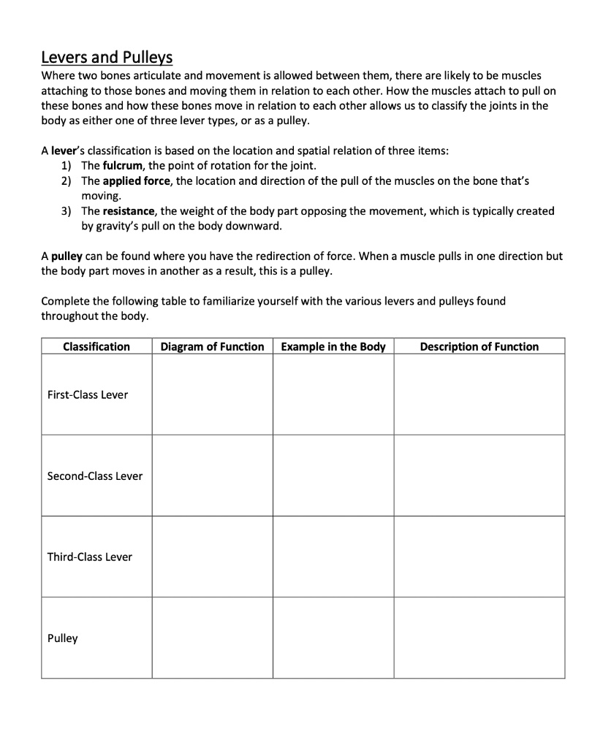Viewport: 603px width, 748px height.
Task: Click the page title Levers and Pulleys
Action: click(x=107, y=57)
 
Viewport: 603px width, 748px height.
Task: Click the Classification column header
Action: click(x=96, y=347)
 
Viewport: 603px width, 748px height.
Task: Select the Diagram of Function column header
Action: click(x=212, y=347)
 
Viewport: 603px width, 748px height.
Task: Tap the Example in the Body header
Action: click(x=333, y=347)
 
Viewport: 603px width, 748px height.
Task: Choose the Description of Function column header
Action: click(x=479, y=347)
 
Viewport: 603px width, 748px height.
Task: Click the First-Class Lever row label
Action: click(x=87, y=395)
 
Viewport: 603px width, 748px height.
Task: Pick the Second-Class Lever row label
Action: click(x=94, y=476)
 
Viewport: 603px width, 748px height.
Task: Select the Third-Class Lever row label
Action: click(x=90, y=557)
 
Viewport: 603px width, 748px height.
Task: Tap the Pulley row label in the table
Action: click(x=62, y=638)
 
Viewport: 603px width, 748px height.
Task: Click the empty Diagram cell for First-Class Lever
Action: click(x=212, y=395)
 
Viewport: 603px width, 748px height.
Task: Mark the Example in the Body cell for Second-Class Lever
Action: click(x=333, y=476)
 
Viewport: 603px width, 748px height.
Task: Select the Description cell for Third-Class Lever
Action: click(x=479, y=557)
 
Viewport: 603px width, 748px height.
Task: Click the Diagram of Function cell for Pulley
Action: click(x=212, y=638)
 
